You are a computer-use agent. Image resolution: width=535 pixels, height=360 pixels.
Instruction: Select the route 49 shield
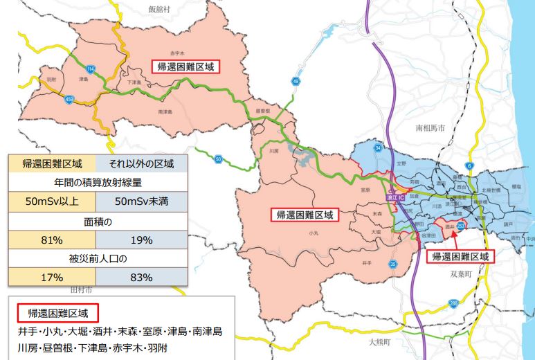(296, 82)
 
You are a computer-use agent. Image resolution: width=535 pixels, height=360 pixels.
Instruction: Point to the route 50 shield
(219, 159)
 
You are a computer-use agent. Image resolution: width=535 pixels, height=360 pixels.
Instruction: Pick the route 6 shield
(469, 165)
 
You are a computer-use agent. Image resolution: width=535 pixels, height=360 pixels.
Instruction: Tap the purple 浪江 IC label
(400, 197)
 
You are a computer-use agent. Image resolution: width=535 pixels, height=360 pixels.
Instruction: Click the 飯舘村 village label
(159, 9)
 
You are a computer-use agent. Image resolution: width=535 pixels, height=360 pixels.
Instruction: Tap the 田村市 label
(81, 286)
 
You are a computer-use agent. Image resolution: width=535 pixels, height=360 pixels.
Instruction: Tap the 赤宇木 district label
(179, 53)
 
